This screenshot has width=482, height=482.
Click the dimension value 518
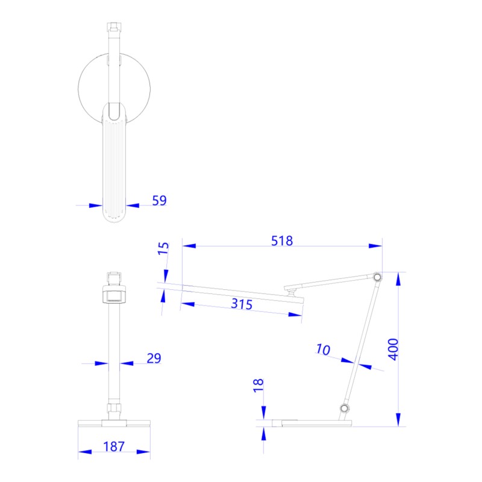click(x=281, y=241)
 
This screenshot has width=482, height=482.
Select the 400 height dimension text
click(x=393, y=348)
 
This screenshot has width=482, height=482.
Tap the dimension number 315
click(x=241, y=304)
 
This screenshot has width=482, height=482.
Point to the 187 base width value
click(x=113, y=446)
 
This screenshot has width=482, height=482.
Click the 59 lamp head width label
click(x=159, y=201)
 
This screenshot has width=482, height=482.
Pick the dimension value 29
click(x=154, y=358)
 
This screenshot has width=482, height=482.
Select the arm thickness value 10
click(x=323, y=349)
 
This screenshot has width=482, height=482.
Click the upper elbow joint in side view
click(x=377, y=277)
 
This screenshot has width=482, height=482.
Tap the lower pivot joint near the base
click(x=345, y=409)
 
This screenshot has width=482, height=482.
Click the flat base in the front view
click(x=114, y=422)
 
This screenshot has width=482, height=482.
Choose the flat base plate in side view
click(x=310, y=422)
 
